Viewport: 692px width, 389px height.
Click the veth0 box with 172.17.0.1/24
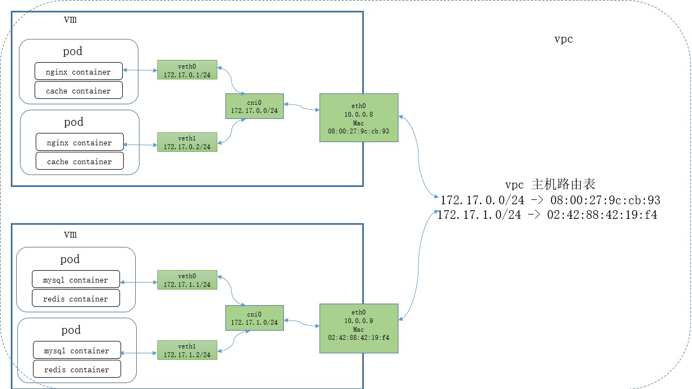[187, 70]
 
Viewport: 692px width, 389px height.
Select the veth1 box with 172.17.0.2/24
[187, 142]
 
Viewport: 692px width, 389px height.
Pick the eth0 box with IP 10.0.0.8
[358, 118]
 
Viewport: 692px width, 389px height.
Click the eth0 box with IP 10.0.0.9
[358, 328]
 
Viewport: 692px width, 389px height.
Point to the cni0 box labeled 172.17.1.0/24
[254, 318]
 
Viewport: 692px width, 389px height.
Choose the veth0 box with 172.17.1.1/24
[187, 280]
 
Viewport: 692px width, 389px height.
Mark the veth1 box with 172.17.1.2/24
[187, 350]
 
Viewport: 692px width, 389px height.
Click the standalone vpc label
[563, 39]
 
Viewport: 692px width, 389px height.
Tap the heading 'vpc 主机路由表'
[550, 184]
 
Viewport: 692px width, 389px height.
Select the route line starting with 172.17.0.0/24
[550, 200]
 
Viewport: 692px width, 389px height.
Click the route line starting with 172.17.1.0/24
[547, 215]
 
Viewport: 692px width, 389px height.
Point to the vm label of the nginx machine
[70, 19]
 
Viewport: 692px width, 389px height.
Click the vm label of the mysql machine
[70, 234]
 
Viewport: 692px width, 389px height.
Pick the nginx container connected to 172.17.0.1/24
[78, 72]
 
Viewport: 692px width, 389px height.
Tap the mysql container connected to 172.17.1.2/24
[76, 351]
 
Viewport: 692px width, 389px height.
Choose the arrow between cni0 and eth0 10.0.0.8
[302, 107]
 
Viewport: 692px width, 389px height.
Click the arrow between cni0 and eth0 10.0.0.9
[302, 323]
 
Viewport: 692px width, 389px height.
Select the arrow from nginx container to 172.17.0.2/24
[141, 144]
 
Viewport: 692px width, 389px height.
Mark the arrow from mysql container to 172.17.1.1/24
[138, 281]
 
